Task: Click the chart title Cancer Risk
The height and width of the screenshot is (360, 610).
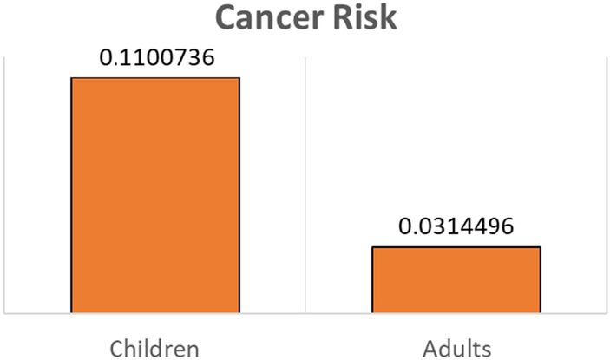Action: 305,17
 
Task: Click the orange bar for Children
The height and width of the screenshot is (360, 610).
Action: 154,194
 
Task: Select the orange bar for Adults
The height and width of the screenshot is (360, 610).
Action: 456,279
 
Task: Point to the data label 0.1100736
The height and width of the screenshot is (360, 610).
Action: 154,59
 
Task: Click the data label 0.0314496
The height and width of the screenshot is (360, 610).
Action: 456,228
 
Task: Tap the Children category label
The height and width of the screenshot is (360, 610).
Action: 154,349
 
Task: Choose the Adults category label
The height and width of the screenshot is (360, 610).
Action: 456,349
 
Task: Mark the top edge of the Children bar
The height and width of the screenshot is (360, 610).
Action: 154,78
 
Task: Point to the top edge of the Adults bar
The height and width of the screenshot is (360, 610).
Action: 456,247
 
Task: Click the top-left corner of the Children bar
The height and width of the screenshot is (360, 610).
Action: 71,78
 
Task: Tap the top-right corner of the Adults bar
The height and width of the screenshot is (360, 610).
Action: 540,247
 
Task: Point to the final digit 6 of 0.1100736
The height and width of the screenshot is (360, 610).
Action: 208,59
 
